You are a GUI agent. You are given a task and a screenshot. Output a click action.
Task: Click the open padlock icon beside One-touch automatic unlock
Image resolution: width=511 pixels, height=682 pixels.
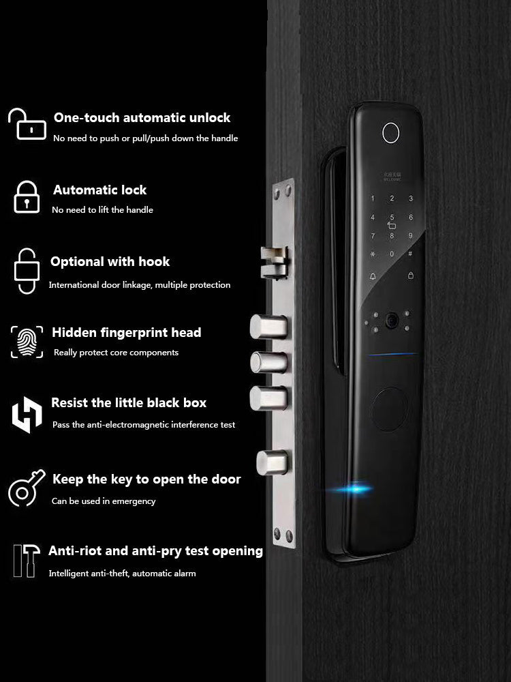click(x=27, y=125)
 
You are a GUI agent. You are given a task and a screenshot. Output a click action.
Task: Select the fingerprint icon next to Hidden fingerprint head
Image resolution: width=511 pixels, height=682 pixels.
click(x=27, y=342)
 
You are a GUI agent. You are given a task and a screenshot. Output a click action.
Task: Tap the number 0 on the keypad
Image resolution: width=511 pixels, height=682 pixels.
click(x=391, y=254)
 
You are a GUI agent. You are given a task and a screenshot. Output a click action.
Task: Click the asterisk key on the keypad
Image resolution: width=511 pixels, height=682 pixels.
click(x=373, y=253)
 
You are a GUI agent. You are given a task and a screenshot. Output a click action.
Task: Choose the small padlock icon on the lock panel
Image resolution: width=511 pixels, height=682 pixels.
click(x=410, y=276)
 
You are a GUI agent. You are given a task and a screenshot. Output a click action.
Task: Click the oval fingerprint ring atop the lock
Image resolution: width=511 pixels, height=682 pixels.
click(x=390, y=134)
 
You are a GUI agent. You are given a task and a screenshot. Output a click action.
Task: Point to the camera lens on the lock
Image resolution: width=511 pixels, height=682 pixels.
click(x=391, y=318)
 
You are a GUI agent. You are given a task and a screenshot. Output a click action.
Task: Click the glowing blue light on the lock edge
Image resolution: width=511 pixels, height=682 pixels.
click(x=355, y=488)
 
